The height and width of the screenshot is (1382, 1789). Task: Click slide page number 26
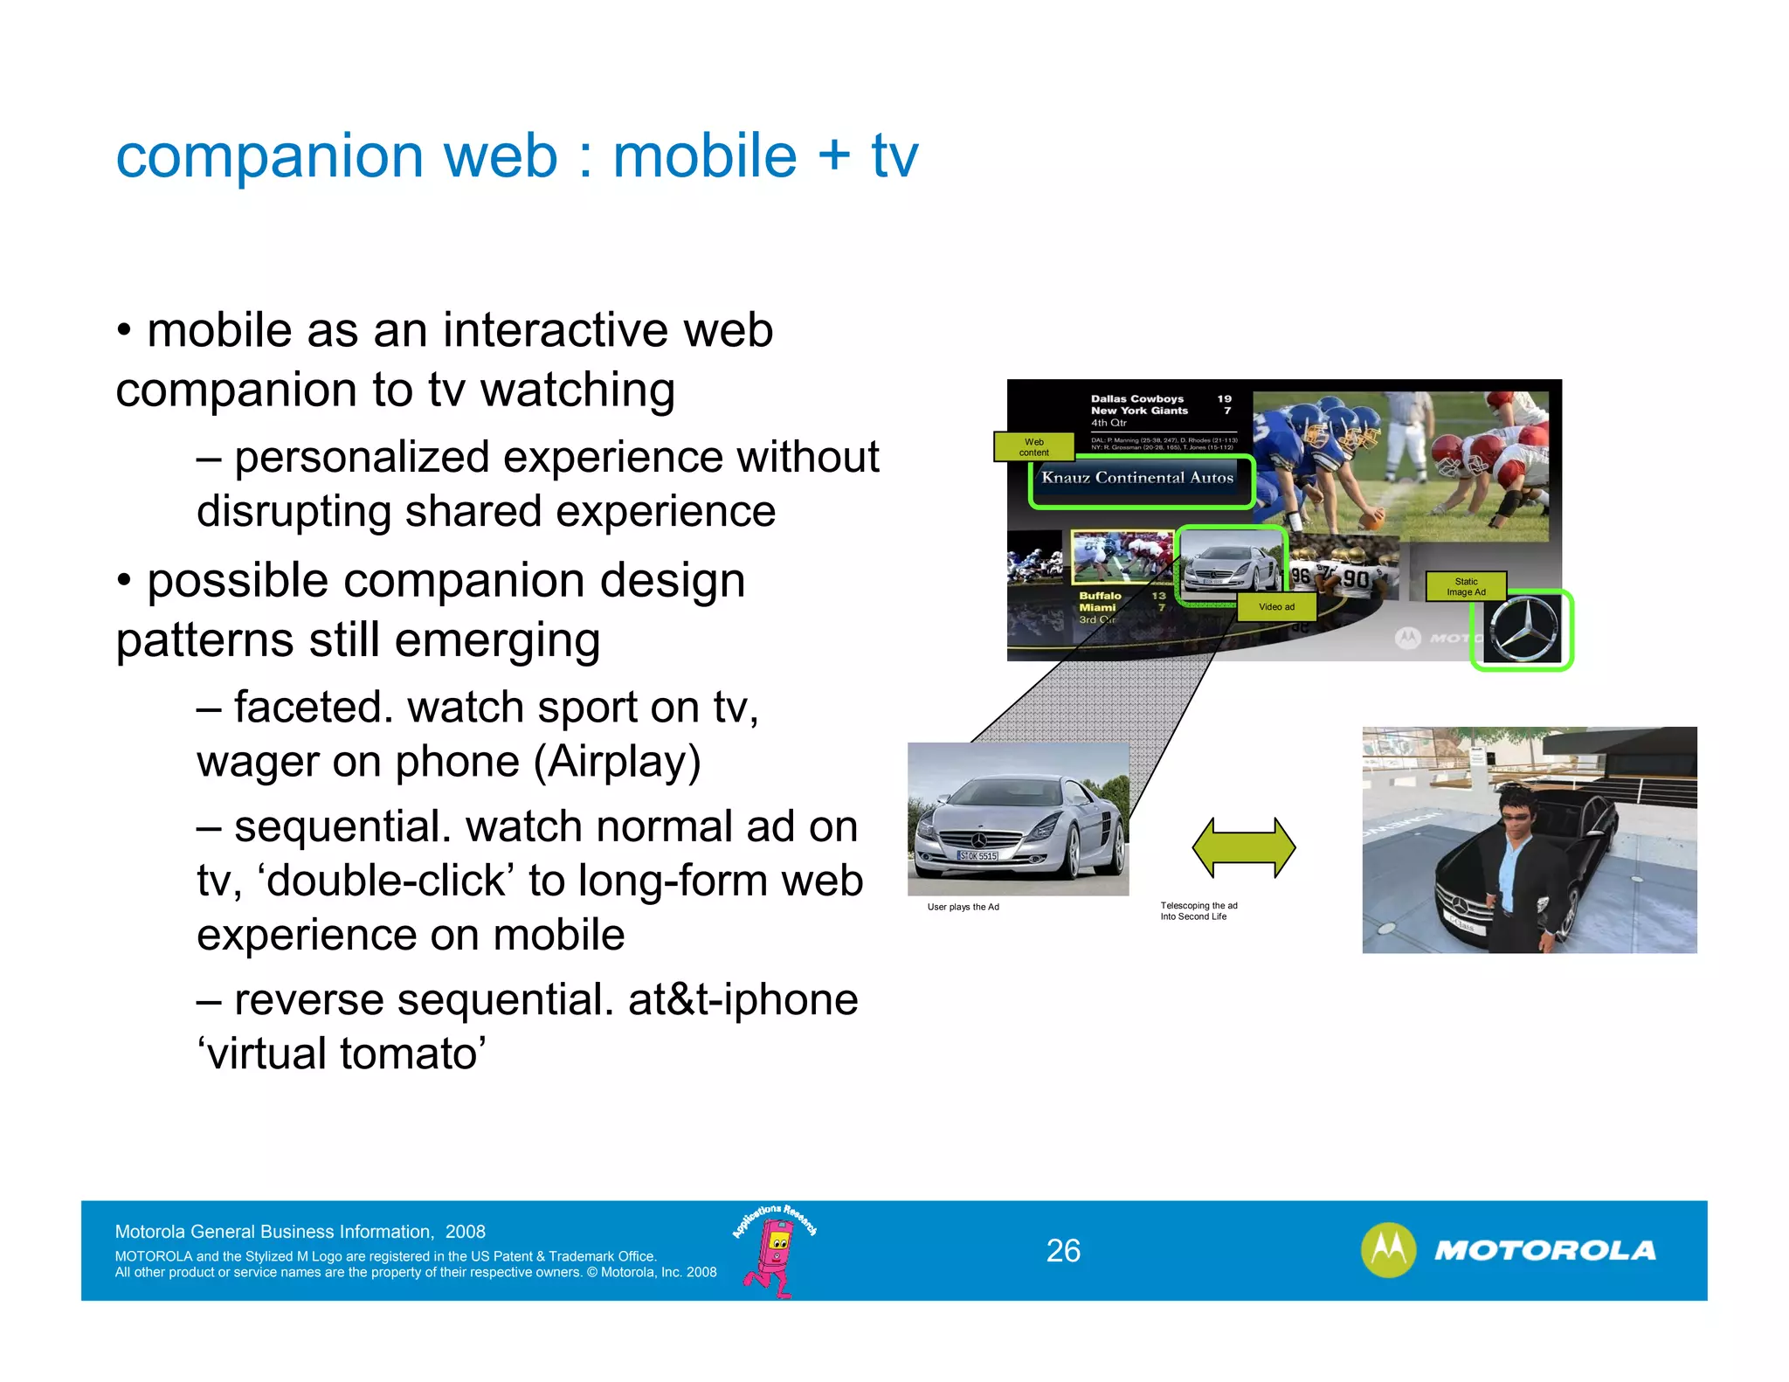[1063, 1251]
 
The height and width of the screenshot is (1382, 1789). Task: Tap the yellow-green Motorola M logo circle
[1388, 1250]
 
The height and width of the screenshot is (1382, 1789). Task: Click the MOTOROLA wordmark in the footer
[1544, 1251]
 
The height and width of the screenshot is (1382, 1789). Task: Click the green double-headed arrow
[1243, 847]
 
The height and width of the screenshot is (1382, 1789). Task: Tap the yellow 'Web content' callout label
[1033, 447]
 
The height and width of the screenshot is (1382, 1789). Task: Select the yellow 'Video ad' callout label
[1276, 607]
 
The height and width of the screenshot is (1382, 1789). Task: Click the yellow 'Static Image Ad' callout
[1466, 586]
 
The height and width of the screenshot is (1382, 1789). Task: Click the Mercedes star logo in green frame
[1523, 631]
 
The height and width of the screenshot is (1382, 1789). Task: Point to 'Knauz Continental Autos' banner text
[1137, 478]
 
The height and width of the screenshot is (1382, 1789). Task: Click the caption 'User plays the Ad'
[963, 907]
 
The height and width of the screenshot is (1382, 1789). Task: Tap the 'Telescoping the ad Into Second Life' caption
[1198, 911]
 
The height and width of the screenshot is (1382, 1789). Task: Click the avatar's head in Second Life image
[1519, 805]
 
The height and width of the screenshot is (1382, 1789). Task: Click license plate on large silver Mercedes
[977, 856]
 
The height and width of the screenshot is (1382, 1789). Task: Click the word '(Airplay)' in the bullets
[618, 762]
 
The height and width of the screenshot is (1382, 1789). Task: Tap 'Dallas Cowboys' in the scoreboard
[1136, 398]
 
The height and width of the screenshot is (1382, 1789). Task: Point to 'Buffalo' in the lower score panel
[1100, 596]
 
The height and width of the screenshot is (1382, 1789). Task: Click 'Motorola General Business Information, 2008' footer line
[300, 1232]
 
